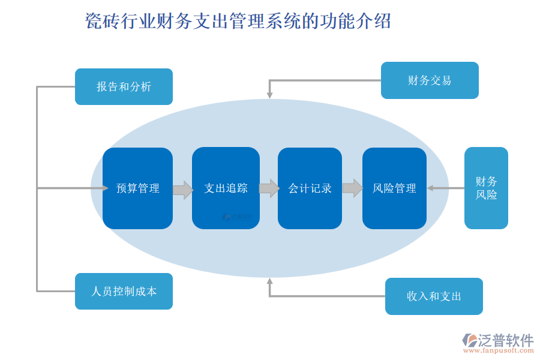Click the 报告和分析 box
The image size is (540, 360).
[x=124, y=86]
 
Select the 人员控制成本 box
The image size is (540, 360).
[x=124, y=291]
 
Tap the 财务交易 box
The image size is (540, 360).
[x=430, y=80]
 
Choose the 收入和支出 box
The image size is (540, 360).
[x=434, y=296]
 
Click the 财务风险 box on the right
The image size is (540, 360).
[x=486, y=188]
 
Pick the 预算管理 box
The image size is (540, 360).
[x=137, y=188]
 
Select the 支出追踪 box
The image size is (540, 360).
[x=226, y=188]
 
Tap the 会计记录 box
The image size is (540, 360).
[x=310, y=188]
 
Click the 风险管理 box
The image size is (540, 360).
[x=394, y=188]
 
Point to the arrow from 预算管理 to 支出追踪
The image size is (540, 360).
[x=182, y=190]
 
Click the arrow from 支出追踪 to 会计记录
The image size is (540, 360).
[x=269, y=188]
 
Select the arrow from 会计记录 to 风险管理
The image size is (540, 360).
[x=352, y=188]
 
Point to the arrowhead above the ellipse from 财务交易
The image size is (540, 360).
[x=270, y=94]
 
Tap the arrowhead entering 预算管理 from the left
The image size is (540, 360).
[x=104, y=188]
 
